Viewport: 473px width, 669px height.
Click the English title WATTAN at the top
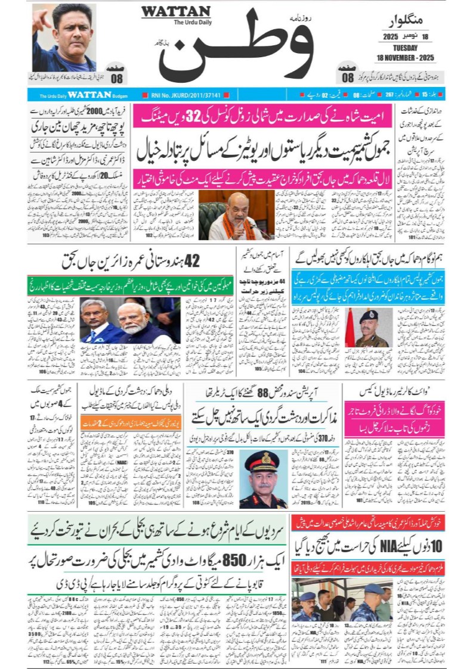click(x=175, y=12)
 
